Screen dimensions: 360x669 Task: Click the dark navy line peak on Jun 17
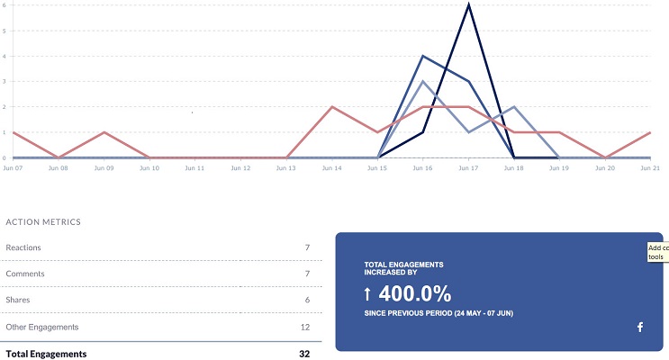(468, 4)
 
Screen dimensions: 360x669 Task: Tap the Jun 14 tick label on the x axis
(332, 168)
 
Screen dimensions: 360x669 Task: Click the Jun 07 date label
(13, 168)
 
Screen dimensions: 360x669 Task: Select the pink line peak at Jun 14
(332, 107)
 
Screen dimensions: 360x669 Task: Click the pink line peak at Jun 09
(104, 132)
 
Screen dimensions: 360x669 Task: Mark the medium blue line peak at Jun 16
(423, 56)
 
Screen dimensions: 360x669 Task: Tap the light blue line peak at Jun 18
(514, 107)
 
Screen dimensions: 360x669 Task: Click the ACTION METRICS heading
(43, 221)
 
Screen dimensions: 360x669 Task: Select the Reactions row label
(23, 247)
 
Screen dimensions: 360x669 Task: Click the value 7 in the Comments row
(307, 274)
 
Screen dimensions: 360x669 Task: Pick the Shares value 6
(307, 301)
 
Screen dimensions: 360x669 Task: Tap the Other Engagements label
(42, 327)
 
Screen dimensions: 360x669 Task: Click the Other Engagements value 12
(304, 327)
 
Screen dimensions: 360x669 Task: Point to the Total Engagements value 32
(304, 354)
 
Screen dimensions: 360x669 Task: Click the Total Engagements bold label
(46, 354)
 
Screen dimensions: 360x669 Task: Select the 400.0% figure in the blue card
(415, 293)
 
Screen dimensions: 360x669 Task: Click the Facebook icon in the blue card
(640, 327)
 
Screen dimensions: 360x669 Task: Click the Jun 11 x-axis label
(195, 168)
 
